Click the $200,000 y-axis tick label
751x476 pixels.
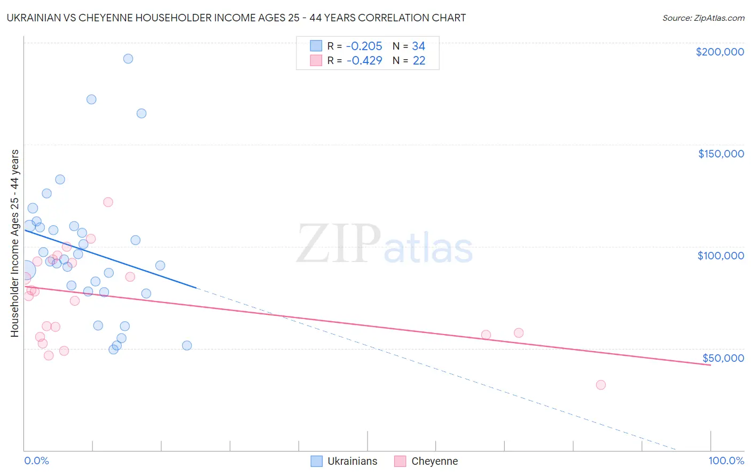(719, 52)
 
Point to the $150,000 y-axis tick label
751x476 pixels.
(721, 154)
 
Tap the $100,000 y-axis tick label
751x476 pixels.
(721, 256)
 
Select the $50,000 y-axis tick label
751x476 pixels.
(723, 358)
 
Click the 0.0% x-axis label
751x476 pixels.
(36, 461)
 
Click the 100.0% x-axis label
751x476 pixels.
(726, 461)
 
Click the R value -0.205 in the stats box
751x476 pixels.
(364, 46)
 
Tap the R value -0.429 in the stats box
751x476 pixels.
(364, 61)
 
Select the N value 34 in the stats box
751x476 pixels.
(419, 46)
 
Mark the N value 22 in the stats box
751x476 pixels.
(419, 61)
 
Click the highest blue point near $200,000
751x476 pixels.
(128, 59)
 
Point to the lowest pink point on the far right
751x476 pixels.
(600, 385)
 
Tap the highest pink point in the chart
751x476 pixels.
(108, 202)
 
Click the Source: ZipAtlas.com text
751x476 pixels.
(703, 18)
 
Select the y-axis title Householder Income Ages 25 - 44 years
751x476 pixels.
(14, 243)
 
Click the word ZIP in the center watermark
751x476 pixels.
(338, 244)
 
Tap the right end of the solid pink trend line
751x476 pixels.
(710, 365)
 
